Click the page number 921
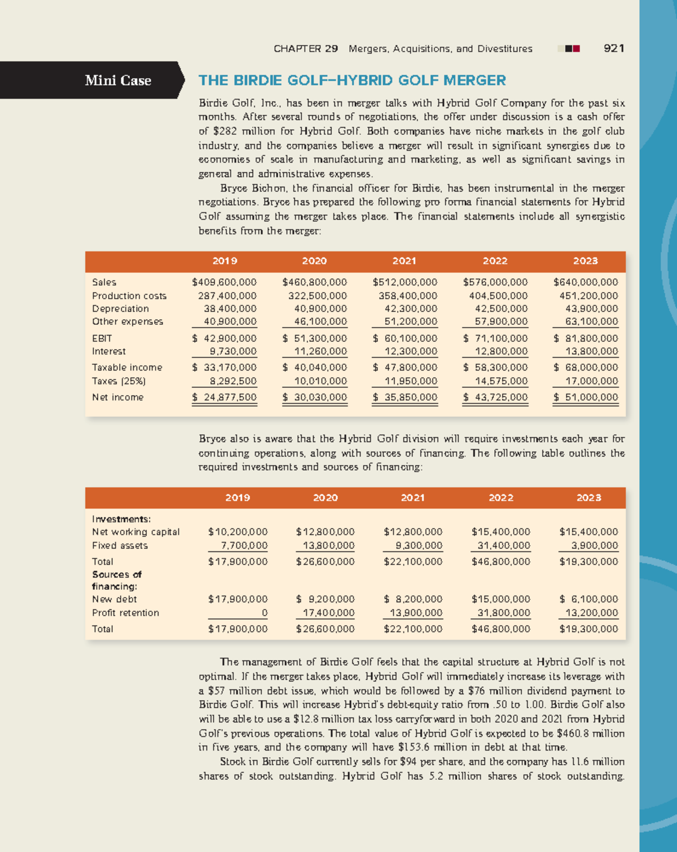tap(613, 48)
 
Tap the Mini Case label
tap(118, 81)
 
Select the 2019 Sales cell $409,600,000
tap(225, 282)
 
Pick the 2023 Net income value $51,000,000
tap(586, 397)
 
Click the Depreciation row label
tap(121, 308)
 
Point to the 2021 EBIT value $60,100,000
tap(405, 338)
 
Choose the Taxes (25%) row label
tap(119, 381)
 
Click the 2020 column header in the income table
tap(314, 261)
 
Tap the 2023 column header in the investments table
tap(588, 498)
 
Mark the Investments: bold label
tap(121, 519)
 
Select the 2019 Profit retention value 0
tap(265, 613)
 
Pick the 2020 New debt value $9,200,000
tap(326, 599)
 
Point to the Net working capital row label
tap(136, 532)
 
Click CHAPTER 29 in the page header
tap(306, 48)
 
